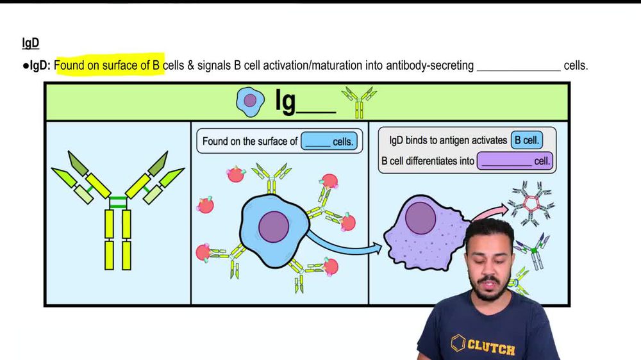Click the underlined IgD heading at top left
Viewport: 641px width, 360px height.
[x=31, y=44]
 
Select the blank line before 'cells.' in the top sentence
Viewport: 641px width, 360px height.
[x=518, y=66]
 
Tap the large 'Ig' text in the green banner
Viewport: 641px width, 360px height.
[x=285, y=101]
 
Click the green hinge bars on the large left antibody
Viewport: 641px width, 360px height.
[x=118, y=202]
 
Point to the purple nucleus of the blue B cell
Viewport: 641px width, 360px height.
[x=273, y=227]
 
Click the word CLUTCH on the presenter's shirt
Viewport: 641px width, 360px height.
[x=491, y=348]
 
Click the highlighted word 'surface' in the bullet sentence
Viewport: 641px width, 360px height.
[x=117, y=65]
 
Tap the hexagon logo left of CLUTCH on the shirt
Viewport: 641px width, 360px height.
[x=458, y=343]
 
